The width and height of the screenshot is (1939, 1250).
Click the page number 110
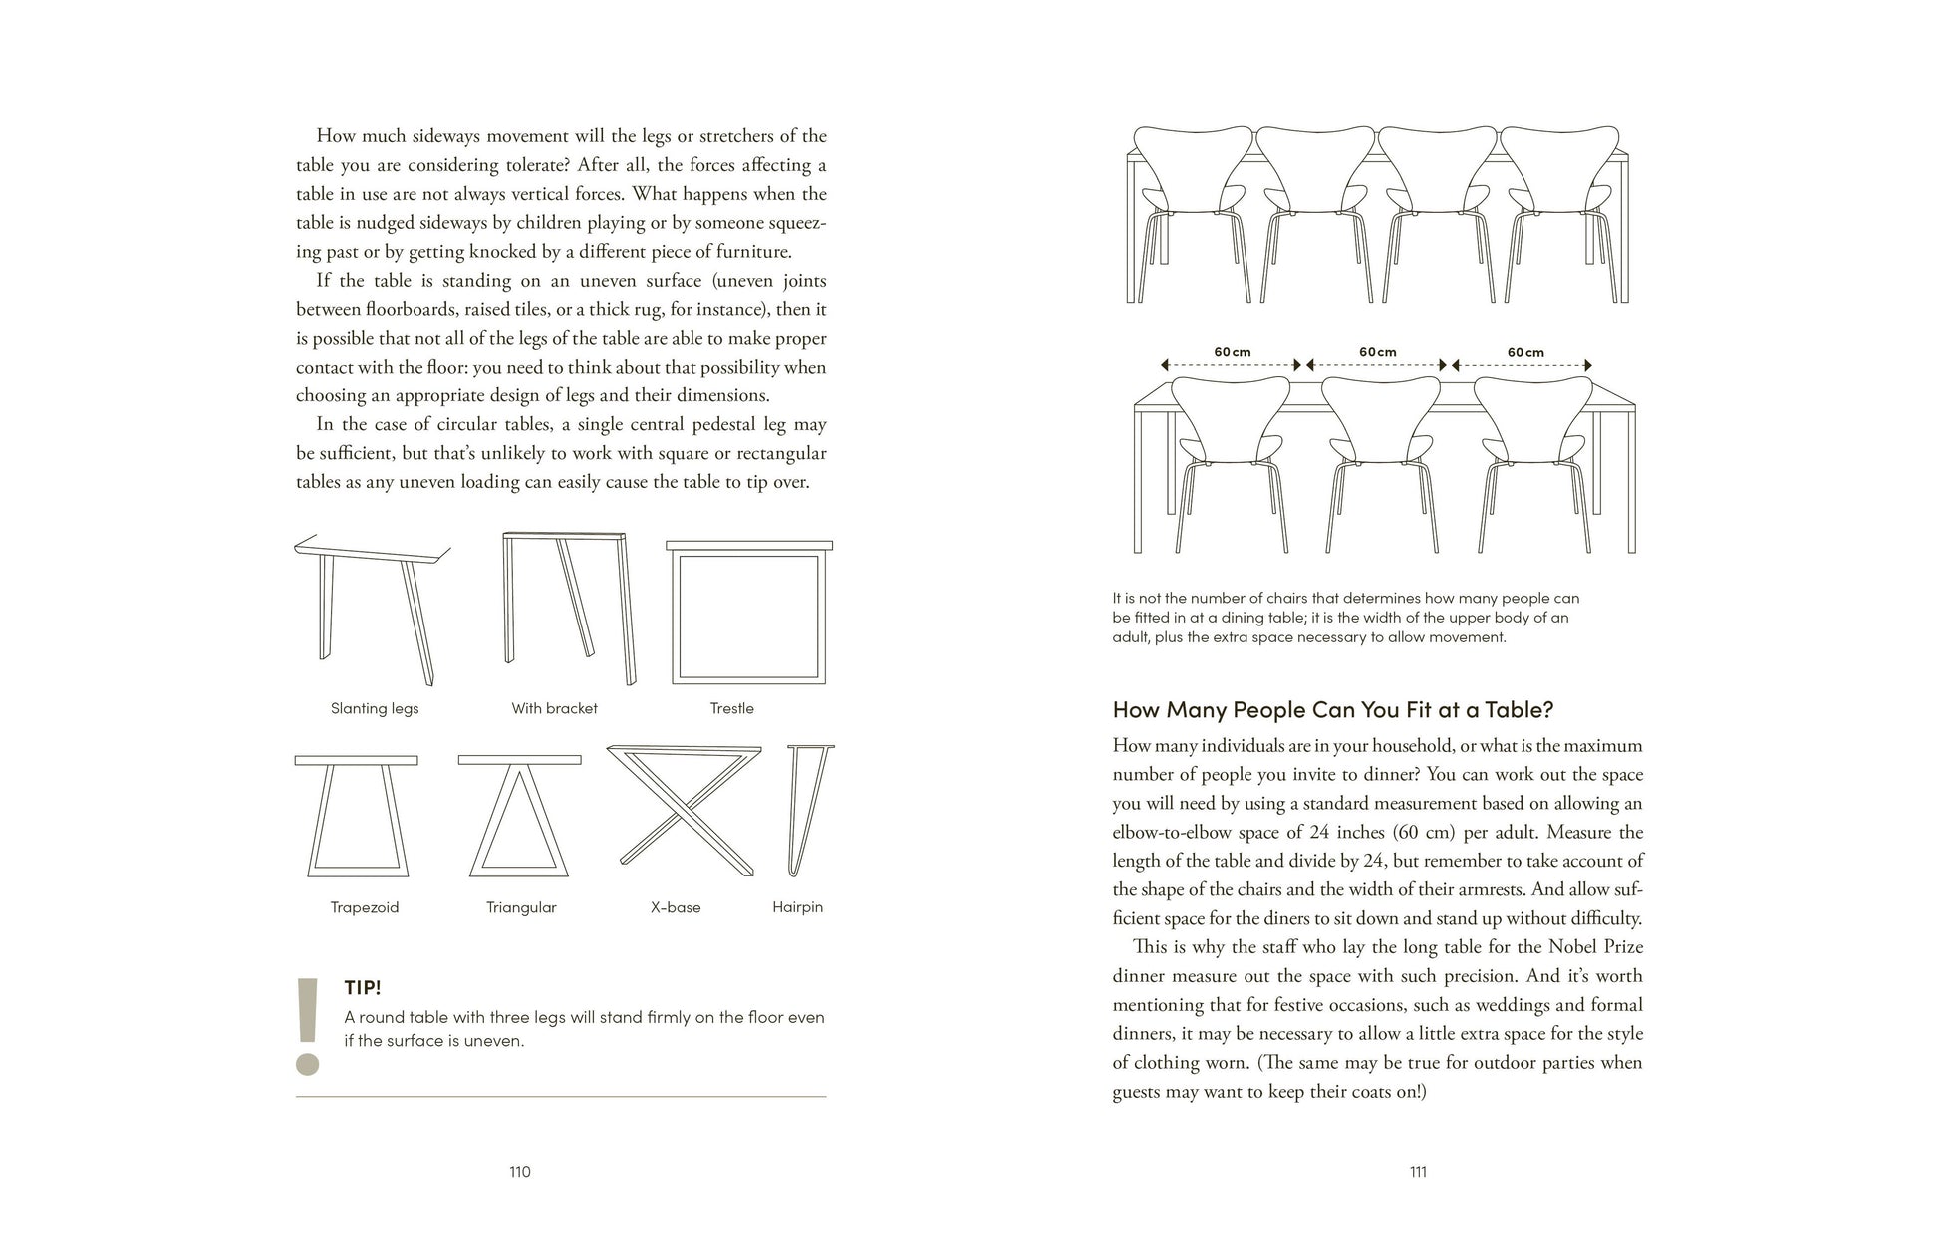click(519, 1172)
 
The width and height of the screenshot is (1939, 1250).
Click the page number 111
click(1418, 1172)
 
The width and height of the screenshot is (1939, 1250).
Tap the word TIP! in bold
click(363, 988)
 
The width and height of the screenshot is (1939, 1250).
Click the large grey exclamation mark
click(308, 1026)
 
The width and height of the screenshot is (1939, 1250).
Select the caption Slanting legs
click(375, 708)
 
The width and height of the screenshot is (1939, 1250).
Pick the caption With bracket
click(554, 708)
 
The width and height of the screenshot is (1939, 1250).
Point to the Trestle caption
click(731, 708)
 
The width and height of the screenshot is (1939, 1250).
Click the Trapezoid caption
click(364, 907)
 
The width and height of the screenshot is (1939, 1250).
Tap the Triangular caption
click(521, 907)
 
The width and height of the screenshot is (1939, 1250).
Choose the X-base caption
click(676, 907)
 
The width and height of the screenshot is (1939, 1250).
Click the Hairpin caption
click(797, 907)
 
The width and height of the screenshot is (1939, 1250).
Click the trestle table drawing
click(749, 613)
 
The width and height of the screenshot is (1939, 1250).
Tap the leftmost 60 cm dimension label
click(1232, 352)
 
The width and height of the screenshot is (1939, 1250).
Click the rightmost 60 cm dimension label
click(1524, 352)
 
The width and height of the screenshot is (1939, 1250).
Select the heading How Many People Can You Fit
click(1332, 709)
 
